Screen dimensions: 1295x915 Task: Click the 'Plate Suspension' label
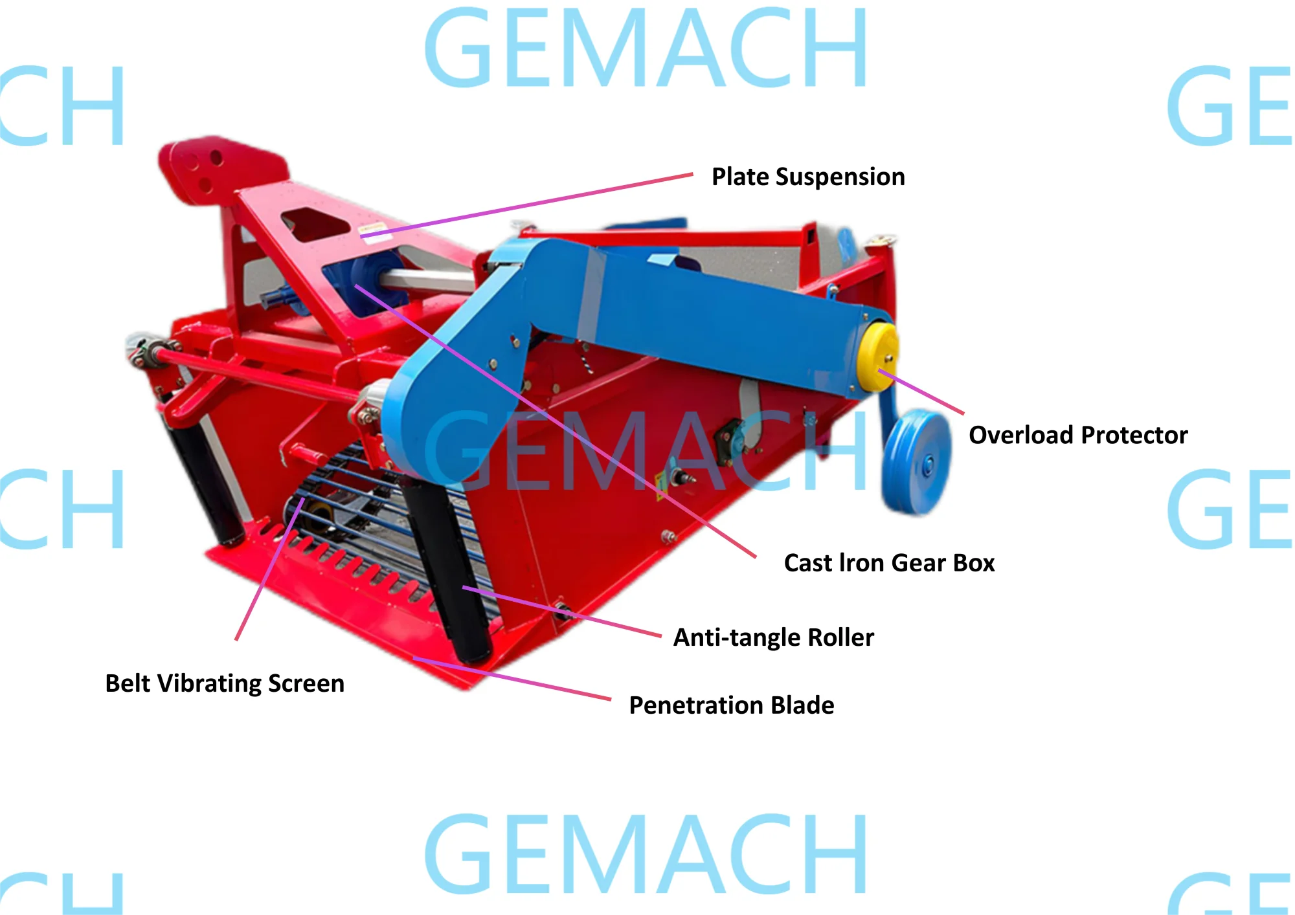(808, 177)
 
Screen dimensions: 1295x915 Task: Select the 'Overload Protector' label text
(1078, 435)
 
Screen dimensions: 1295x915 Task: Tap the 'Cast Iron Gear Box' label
(889, 563)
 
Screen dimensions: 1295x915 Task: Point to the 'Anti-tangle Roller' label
(774, 637)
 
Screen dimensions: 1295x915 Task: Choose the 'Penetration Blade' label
(732, 705)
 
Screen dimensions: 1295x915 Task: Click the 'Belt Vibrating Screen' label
(225, 683)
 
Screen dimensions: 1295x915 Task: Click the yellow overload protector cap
(877, 357)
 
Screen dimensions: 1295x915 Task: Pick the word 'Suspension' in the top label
(840, 177)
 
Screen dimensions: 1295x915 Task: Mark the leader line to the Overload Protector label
(921, 391)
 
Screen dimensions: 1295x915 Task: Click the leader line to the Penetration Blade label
(512, 679)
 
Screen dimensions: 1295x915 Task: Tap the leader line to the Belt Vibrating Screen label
(269, 569)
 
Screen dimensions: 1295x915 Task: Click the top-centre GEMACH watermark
(646, 48)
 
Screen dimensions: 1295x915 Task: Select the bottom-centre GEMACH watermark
(646, 854)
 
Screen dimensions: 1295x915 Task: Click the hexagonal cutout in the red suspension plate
(315, 225)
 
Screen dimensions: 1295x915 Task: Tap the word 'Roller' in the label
(841, 637)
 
